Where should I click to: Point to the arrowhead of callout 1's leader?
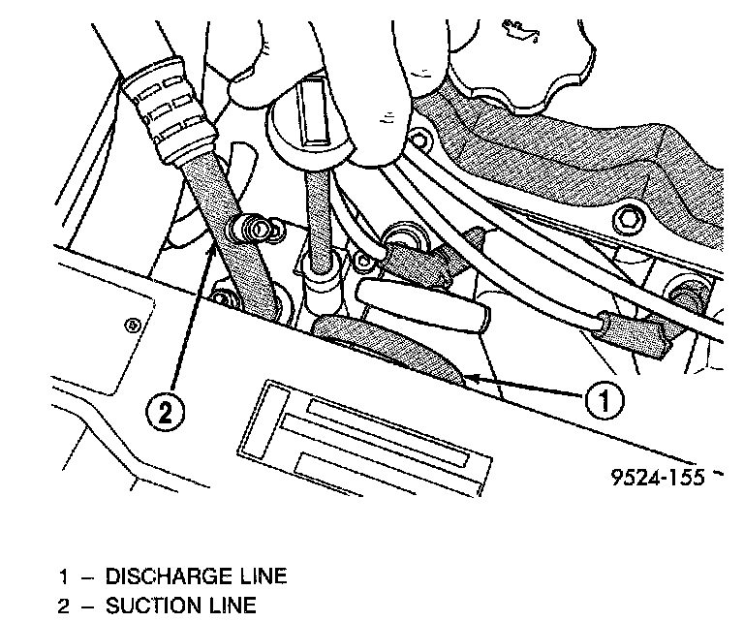tap(464, 374)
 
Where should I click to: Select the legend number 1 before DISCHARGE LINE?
tap(63, 576)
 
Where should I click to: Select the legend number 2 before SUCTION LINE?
tap(63, 606)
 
